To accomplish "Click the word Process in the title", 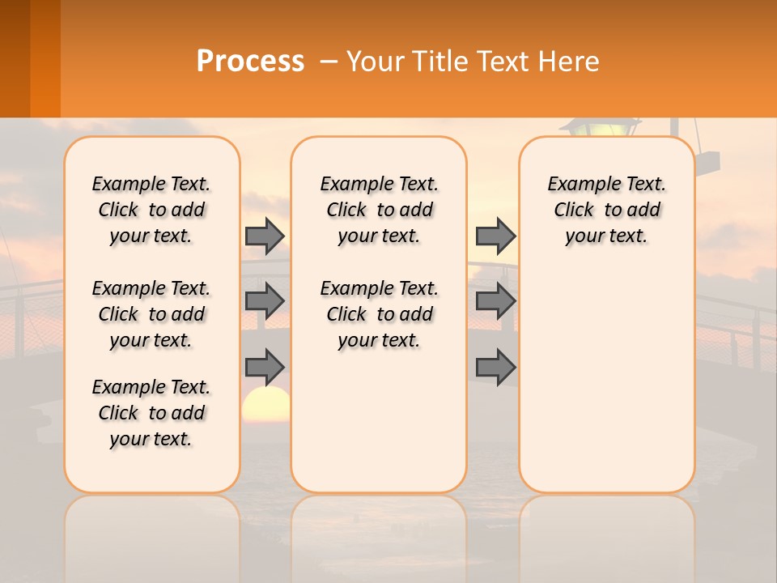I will (250, 62).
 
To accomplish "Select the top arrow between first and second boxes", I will (265, 236).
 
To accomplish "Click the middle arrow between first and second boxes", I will (265, 301).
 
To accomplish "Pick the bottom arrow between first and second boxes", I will (265, 367).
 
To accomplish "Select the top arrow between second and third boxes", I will (495, 236).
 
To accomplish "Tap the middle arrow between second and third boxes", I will (495, 301).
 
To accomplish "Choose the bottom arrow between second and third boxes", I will (495, 367).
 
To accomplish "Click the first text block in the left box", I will (151, 210).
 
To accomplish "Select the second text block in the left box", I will (151, 314).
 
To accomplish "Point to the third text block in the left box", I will (151, 413).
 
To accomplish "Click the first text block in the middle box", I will (379, 210).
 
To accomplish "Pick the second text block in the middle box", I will (379, 314).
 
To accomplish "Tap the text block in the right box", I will (606, 210).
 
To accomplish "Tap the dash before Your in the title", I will (329, 62).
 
